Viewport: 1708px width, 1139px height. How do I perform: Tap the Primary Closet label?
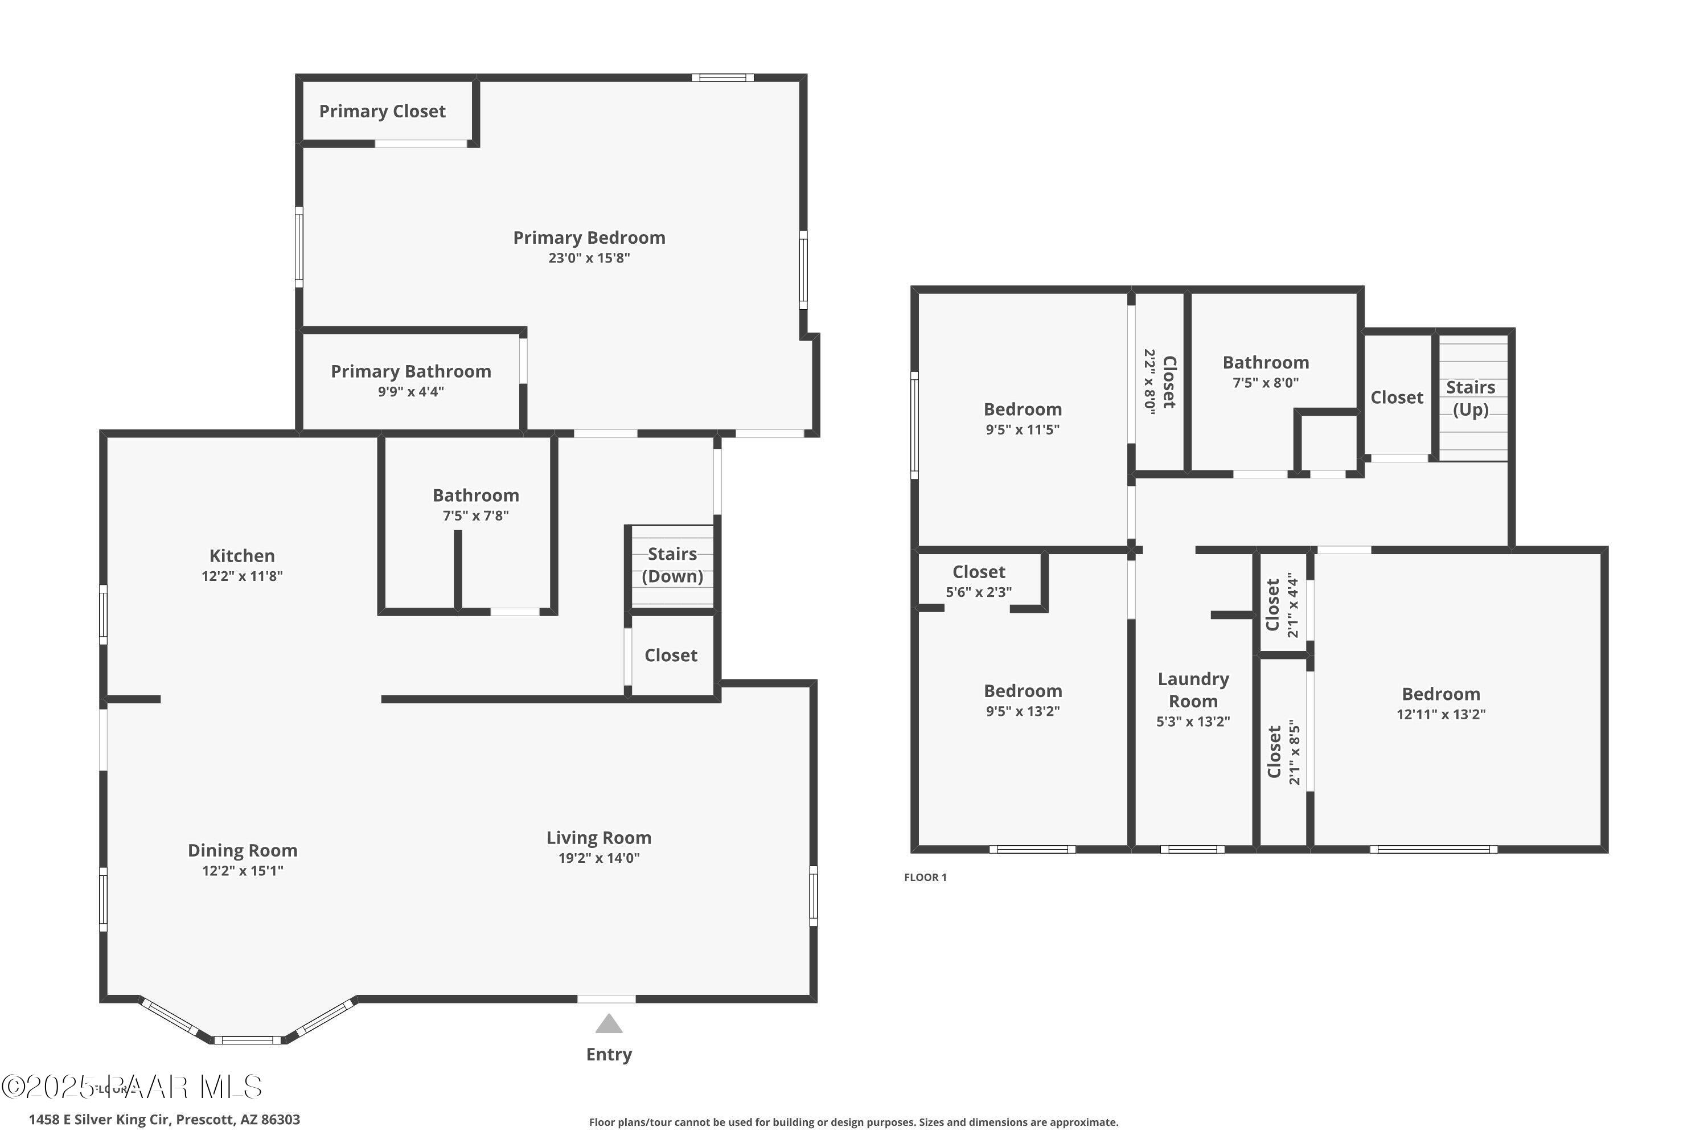(382, 111)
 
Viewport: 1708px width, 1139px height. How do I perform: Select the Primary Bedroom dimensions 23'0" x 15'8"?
(589, 258)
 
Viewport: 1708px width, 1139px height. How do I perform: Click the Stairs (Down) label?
(672, 565)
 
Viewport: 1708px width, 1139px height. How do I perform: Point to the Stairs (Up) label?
(1471, 398)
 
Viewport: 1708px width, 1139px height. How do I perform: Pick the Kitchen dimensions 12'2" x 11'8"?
(242, 576)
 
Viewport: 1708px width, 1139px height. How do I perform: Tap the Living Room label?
(598, 838)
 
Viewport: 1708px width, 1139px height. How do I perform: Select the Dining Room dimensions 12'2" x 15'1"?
(243, 870)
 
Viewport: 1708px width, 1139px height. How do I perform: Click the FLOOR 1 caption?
(925, 878)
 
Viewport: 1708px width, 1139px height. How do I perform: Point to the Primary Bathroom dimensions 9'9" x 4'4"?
(410, 392)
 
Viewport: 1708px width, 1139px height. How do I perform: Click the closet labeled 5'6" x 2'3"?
(978, 581)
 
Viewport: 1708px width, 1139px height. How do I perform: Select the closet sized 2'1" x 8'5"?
(1283, 753)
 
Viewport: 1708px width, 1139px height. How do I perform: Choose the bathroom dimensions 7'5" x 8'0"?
(1265, 383)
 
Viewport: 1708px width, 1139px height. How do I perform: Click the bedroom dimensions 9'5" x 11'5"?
(1023, 429)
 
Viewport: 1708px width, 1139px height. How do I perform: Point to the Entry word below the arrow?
(609, 1054)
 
